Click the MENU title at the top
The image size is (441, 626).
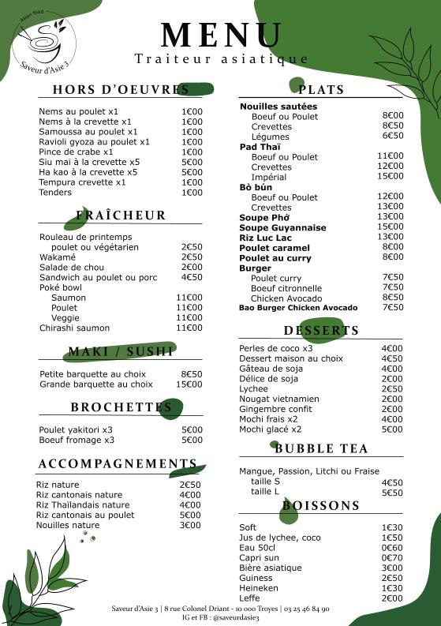coord(221,36)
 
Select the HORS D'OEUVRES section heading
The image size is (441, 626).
coord(121,90)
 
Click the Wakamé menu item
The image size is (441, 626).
coord(58,257)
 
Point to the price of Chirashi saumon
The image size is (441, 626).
coord(189,328)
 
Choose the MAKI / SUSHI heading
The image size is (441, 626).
coord(121,352)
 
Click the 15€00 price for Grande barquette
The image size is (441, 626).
coord(189,384)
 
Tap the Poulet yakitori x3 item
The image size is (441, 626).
coord(76,429)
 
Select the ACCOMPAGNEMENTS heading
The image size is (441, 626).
coord(118,463)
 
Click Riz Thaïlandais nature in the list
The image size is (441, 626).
coord(83,505)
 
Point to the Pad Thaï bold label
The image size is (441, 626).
coord(256,147)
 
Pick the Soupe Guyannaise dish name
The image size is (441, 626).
coord(282,227)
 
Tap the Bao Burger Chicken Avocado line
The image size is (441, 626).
coord(298,308)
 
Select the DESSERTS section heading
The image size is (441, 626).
coord(321,330)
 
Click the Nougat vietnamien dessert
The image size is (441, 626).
coord(278,399)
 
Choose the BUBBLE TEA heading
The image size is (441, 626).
coord(321,449)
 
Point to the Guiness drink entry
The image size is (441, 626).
coord(257,578)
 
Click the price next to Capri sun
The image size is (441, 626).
coord(392,557)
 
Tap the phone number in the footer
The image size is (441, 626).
coord(308,609)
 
